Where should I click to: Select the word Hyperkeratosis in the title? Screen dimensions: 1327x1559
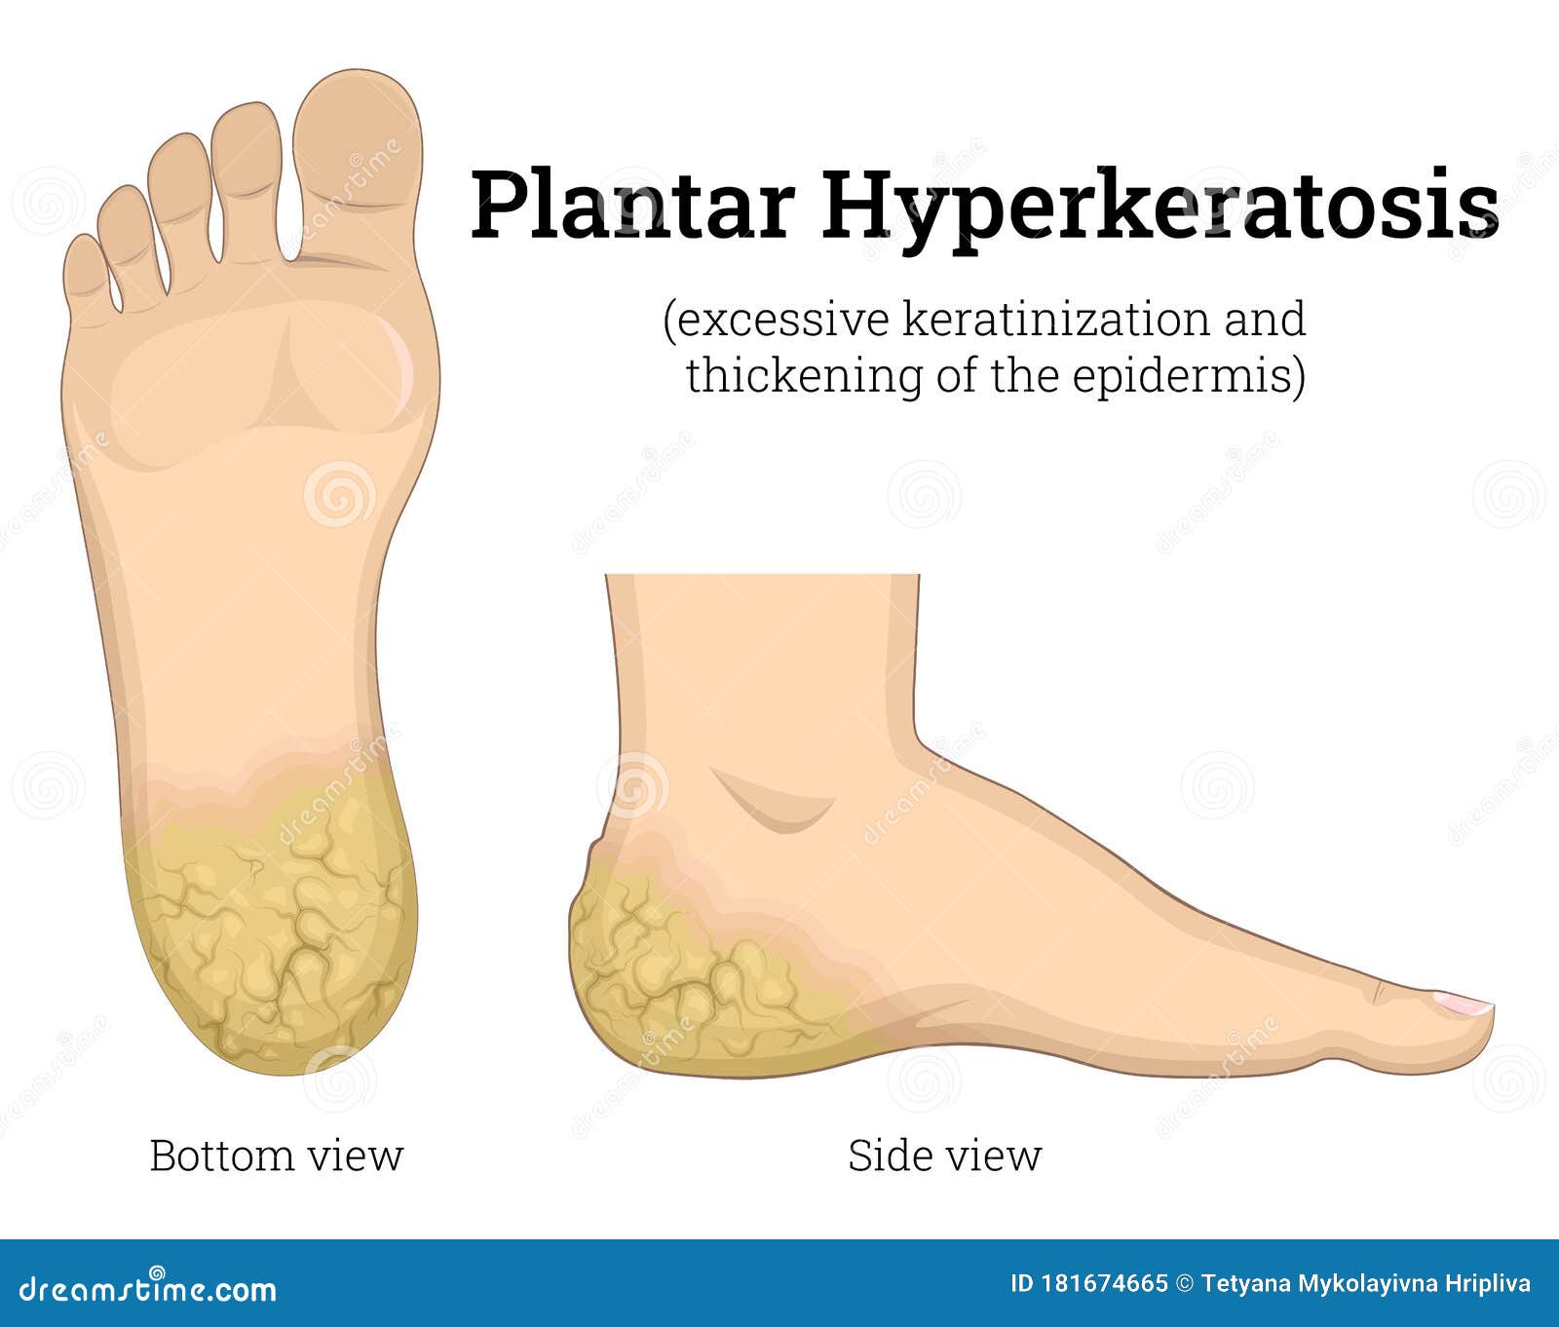(1160, 207)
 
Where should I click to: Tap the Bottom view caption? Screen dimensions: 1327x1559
(276, 1156)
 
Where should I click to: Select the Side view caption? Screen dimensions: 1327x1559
(944, 1156)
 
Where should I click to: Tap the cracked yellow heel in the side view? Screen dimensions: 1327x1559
(672, 965)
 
